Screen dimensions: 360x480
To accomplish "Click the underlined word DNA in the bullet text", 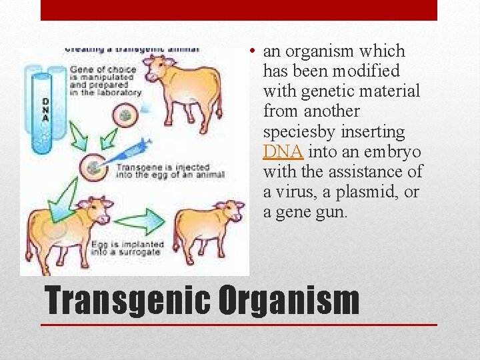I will pos(283,151).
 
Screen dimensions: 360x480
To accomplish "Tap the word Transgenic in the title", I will pos(126,301).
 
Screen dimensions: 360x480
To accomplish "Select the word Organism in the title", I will pos(288,301).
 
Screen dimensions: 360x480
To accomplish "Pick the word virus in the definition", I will pos(292,192).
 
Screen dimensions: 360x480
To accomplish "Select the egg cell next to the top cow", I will pos(125,115).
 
